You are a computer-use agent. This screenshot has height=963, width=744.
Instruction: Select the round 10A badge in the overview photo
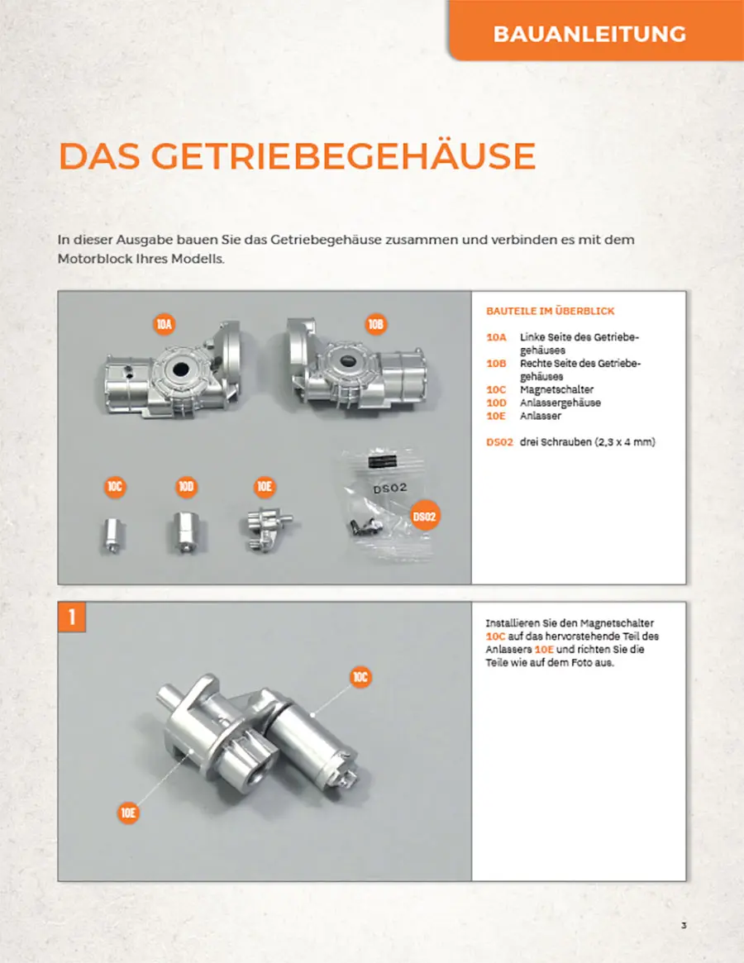click(x=164, y=324)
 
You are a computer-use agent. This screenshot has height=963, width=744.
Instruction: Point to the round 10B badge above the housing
click(x=375, y=324)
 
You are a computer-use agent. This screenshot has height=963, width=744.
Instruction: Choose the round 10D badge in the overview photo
click(x=185, y=487)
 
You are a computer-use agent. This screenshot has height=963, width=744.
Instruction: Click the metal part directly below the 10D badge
click(x=185, y=532)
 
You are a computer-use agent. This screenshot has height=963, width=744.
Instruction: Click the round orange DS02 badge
click(x=425, y=517)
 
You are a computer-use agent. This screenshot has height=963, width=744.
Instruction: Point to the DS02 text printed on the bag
click(x=390, y=489)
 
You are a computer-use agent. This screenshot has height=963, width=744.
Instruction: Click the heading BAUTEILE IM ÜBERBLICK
click(x=550, y=312)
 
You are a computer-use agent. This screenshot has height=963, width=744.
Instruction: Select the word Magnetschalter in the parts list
click(x=556, y=389)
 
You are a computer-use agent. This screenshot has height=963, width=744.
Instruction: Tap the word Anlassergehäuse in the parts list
click(x=560, y=403)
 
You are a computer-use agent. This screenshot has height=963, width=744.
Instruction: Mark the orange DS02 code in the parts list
click(x=498, y=442)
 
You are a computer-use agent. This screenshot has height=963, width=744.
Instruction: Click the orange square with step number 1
click(x=72, y=617)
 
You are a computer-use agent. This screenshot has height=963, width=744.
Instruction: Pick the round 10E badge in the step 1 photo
click(x=128, y=813)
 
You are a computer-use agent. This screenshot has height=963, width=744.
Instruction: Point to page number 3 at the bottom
click(x=684, y=925)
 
